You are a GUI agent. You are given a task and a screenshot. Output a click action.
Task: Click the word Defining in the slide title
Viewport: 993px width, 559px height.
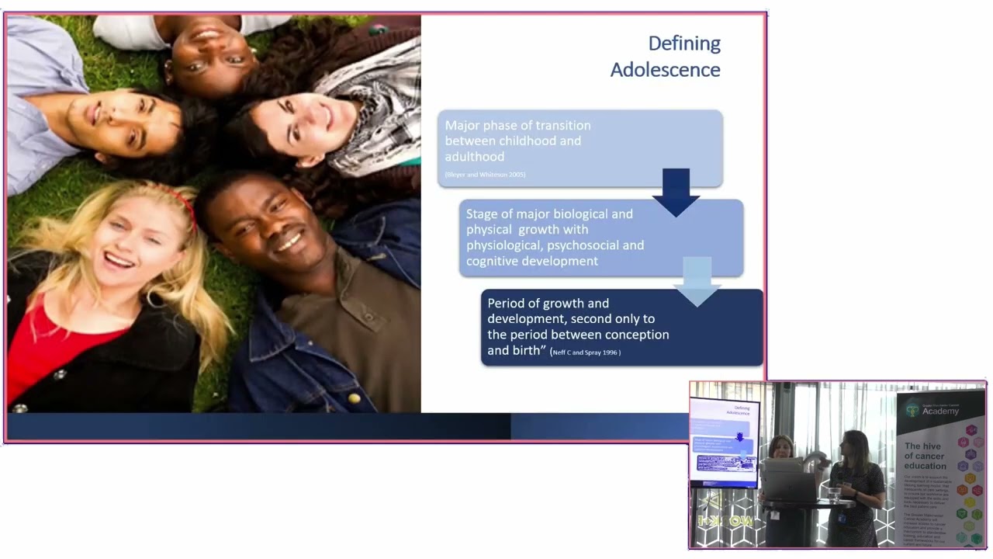(684, 43)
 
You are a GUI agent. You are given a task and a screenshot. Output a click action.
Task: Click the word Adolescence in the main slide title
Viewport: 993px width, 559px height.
(665, 70)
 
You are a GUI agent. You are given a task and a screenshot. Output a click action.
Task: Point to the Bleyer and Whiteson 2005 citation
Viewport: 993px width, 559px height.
(485, 175)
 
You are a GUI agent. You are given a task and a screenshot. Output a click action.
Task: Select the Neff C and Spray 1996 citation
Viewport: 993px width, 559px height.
(586, 352)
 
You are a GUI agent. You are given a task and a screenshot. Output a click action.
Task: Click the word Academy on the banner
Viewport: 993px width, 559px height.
(941, 411)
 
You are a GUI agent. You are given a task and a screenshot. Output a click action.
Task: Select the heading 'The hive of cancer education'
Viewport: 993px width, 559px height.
(925, 456)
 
